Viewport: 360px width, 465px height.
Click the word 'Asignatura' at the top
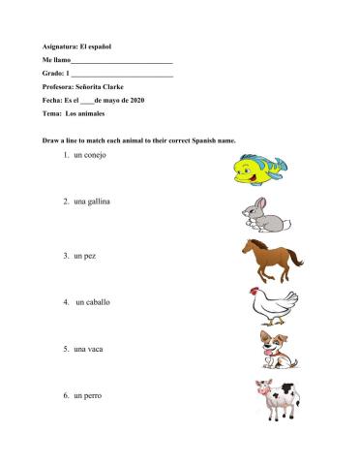pyautogui.click(x=62, y=46)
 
